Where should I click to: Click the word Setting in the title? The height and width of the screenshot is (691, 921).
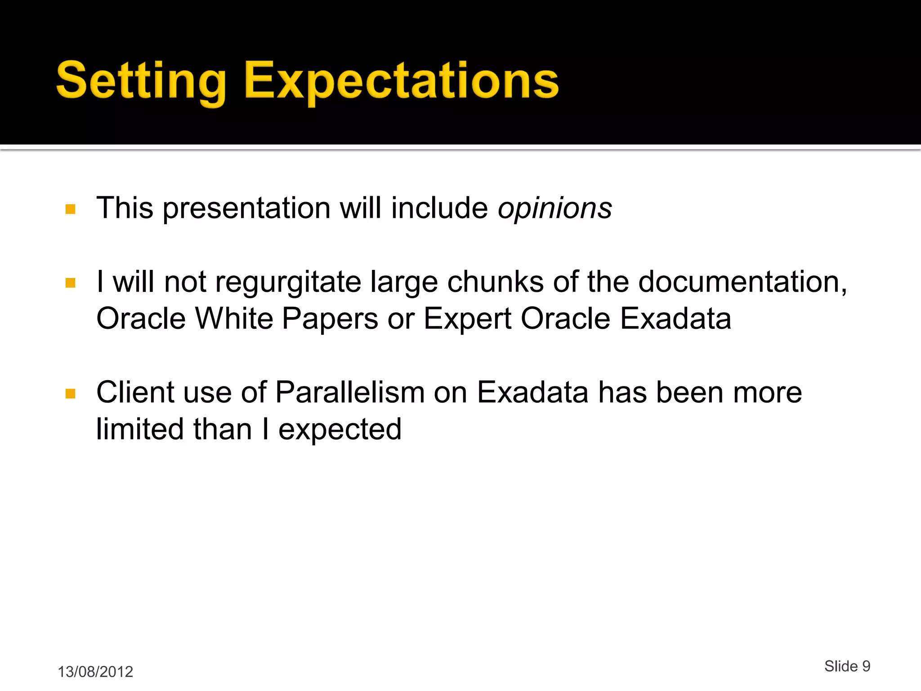(x=141, y=81)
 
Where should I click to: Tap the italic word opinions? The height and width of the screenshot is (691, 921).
(x=554, y=208)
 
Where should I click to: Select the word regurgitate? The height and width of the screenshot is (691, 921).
(x=288, y=283)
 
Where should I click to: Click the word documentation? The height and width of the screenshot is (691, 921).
(x=742, y=283)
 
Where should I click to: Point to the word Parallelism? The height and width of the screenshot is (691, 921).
(x=350, y=392)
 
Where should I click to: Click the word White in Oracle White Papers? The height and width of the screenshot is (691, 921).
(x=234, y=319)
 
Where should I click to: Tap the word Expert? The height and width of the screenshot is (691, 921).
(x=467, y=319)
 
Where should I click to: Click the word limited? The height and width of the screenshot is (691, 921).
(x=139, y=429)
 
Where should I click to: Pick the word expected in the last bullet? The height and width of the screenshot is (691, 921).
(x=340, y=430)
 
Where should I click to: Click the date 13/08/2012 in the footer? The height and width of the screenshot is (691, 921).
(x=95, y=672)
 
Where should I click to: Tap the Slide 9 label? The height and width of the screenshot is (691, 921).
(x=847, y=666)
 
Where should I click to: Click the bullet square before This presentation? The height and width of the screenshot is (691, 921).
(x=71, y=209)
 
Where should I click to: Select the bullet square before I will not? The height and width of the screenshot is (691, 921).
(x=71, y=283)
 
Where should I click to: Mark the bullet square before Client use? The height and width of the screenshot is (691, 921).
(x=71, y=394)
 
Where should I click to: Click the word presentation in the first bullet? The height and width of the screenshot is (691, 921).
(x=246, y=208)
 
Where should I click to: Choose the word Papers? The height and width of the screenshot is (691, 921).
(x=330, y=319)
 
